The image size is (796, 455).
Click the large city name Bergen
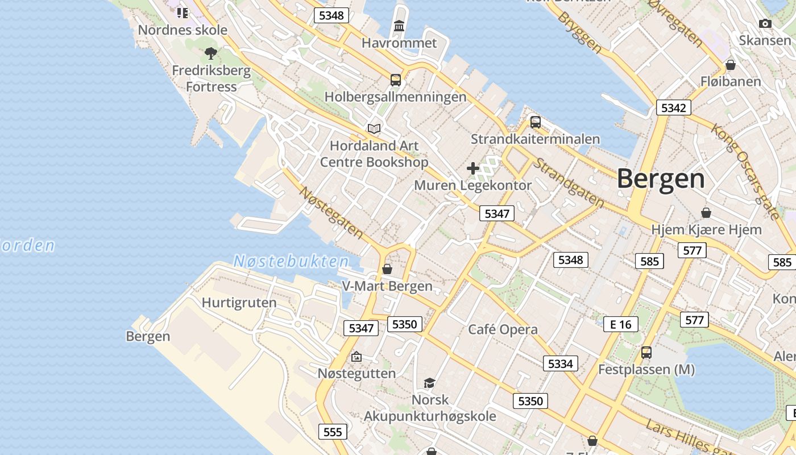[x=661, y=179]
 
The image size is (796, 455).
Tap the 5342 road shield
[x=673, y=107]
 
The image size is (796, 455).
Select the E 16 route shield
[x=620, y=324]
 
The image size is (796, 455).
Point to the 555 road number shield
[x=333, y=432]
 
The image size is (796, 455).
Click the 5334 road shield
[x=560, y=363]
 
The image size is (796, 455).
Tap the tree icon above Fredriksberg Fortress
[x=211, y=54]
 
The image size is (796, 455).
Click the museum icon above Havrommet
[x=399, y=26]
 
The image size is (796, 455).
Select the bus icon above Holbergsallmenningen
[x=396, y=80]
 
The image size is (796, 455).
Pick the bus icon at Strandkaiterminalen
[x=535, y=122]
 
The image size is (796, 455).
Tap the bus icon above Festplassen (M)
[x=646, y=353]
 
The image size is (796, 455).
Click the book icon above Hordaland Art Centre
[x=374, y=129]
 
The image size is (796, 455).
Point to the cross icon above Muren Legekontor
[x=472, y=168]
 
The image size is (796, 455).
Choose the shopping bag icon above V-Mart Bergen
[x=387, y=268]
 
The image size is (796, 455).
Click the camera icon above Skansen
[x=765, y=24]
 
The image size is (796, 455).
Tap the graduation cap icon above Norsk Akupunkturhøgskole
[x=430, y=383]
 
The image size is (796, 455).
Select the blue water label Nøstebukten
[x=291, y=262]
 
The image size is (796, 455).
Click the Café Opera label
[x=503, y=329]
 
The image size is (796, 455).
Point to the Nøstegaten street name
[x=331, y=212]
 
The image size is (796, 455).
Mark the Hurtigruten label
[x=239, y=303]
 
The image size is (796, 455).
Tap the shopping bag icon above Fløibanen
[x=731, y=65]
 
